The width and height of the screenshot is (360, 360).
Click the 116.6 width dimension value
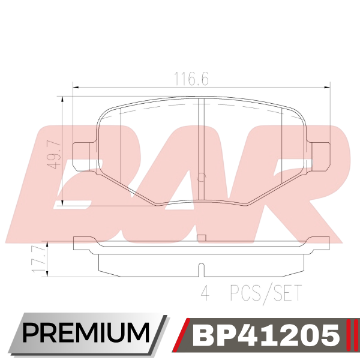point(192,79)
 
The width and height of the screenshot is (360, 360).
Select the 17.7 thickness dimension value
point(37,259)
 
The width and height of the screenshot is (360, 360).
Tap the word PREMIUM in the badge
point(86,333)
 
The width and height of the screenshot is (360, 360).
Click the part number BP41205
point(266,335)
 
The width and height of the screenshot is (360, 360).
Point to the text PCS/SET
point(265,293)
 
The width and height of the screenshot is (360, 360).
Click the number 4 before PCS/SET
point(205,293)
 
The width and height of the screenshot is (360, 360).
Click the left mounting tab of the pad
point(83,157)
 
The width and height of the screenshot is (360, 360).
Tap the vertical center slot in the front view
point(201,149)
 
